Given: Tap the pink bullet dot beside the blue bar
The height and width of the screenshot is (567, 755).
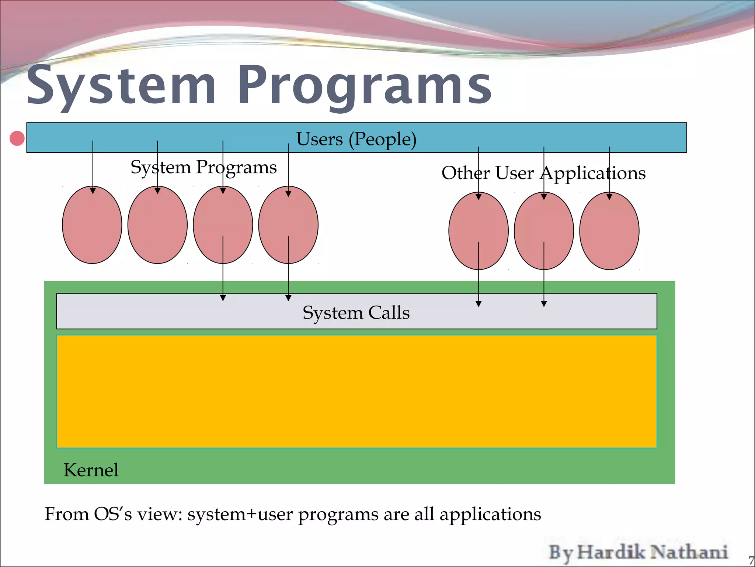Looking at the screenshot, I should click(x=17, y=138).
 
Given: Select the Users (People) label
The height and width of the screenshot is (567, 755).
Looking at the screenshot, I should click(x=356, y=139).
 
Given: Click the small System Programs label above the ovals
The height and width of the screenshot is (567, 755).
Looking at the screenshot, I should click(x=203, y=167).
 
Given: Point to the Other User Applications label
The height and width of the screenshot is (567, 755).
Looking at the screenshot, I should click(x=543, y=173).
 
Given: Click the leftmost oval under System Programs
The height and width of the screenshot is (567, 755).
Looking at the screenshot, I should click(x=92, y=225).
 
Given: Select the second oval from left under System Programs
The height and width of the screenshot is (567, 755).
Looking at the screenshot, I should click(x=157, y=225).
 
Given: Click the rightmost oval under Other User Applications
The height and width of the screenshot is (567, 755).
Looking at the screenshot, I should click(x=609, y=231).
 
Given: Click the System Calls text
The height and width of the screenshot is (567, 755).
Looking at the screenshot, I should click(x=356, y=313).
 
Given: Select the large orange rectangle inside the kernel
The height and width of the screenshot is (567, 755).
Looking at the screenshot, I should click(x=356, y=391).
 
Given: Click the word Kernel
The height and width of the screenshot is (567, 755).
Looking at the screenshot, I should click(x=91, y=470).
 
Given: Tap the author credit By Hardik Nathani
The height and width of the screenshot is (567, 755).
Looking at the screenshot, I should click(x=638, y=553).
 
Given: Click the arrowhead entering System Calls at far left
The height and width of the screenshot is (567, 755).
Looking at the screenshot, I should click(x=223, y=298).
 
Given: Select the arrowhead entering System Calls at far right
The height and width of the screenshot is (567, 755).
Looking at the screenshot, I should click(x=544, y=304).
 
